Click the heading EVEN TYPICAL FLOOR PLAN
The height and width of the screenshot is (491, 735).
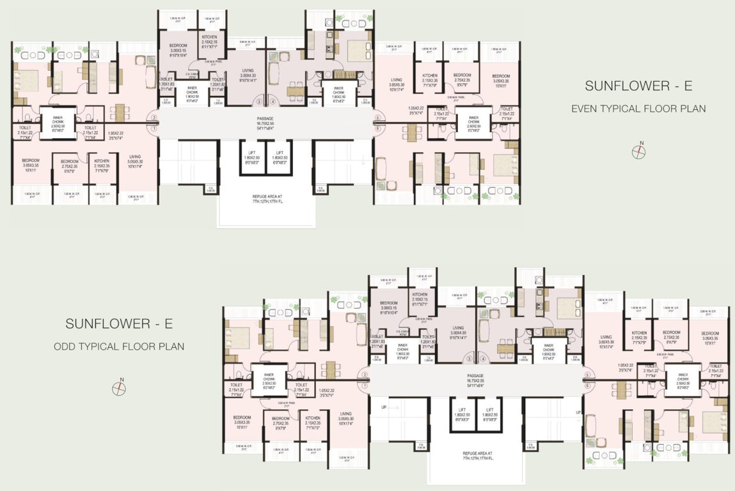[x=638, y=109]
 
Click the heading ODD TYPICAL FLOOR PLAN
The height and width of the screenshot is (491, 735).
[x=119, y=347]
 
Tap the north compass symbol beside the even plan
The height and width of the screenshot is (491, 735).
[x=638, y=152]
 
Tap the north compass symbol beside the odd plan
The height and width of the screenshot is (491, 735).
[x=119, y=387]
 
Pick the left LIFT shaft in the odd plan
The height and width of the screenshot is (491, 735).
[x=462, y=414]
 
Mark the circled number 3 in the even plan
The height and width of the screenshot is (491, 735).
[x=259, y=101]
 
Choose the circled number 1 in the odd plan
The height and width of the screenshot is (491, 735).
[x=365, y=386]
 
